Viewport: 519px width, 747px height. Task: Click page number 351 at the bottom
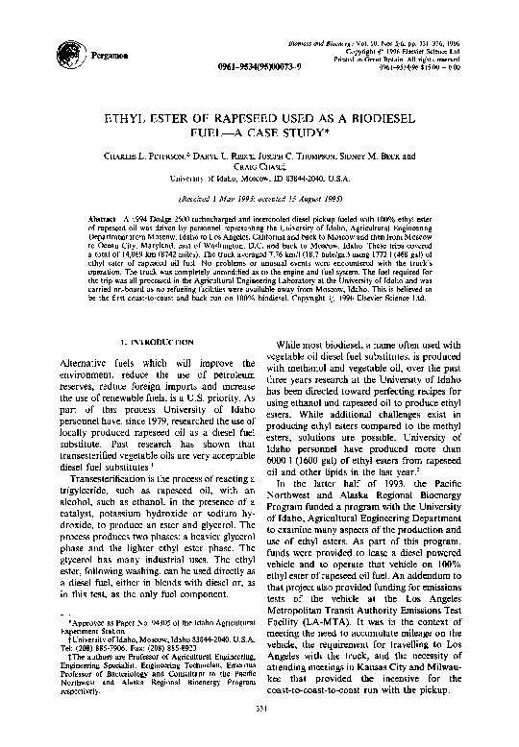point(259,735)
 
